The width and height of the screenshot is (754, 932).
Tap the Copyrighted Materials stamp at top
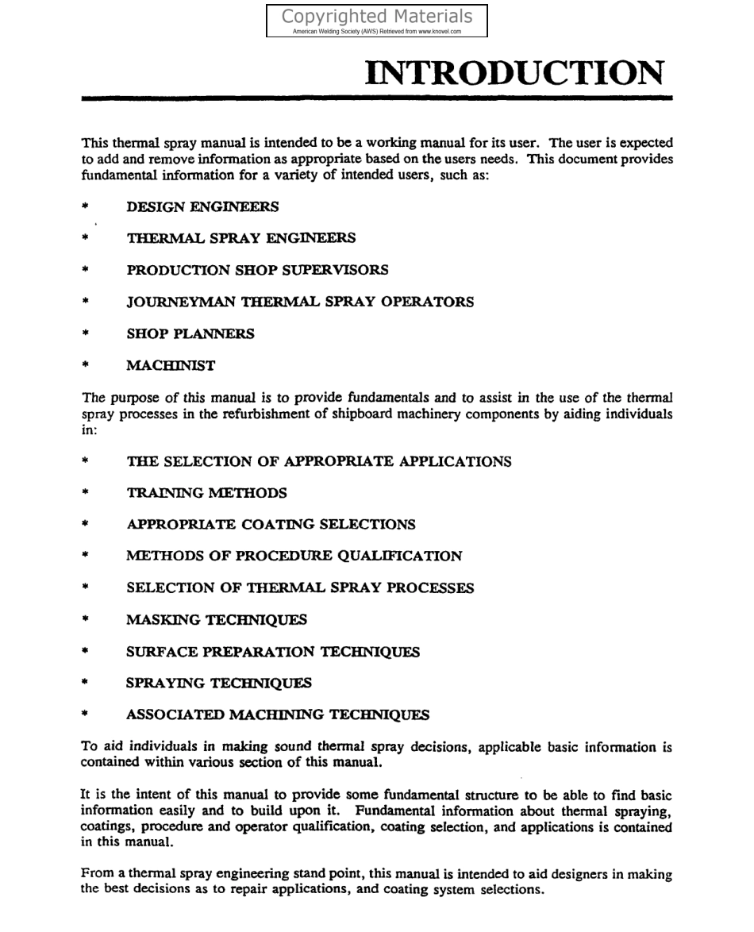pos(377,21)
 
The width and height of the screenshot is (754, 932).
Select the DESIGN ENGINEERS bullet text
pos(202,207)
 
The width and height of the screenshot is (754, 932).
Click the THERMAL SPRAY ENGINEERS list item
pos(240,238)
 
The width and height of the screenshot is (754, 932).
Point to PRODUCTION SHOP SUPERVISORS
pos(257,270)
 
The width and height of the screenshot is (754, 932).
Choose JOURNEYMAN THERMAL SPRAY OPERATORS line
pos(300,302)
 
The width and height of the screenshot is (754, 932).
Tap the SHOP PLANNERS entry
pos(190,334)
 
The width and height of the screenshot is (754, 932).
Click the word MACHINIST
pos(171,366)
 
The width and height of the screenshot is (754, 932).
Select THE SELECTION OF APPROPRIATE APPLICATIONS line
pos(318,461)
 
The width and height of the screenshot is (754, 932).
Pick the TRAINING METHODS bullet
pos(206,493)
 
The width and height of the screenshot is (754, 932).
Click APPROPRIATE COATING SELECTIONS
pos(271,525)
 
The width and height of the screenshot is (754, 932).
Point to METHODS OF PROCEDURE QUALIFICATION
pos(294,557)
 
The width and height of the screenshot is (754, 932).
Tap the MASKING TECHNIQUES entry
pos(216,619)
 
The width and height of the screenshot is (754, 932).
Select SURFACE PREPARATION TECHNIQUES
pos(273,652)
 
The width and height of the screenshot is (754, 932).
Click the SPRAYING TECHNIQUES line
pos(219,683)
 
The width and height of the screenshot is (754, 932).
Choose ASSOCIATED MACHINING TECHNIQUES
pos(278,714)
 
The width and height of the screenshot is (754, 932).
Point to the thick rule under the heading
pos(377,98)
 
